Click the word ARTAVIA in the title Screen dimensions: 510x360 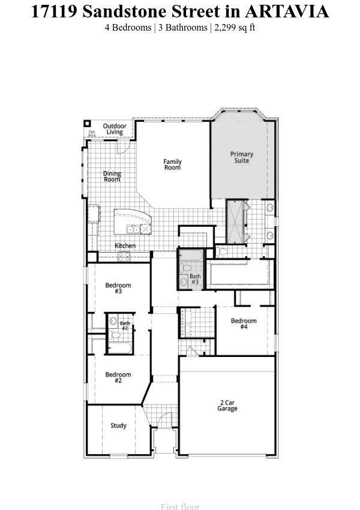tap(287, 11)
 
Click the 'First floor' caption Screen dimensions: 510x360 tap(180, 506)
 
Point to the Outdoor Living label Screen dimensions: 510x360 tap(114, 129)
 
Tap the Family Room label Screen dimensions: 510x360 tap(173, 164)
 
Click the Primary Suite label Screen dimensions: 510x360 tap(242, 157)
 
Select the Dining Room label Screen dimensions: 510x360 tap(112, 176)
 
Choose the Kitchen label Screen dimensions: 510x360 tap(125, 245)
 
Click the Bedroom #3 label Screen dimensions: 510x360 tap(118, 288)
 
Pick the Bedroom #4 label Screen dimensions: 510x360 tap(244, 323)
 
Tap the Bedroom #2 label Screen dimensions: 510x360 tap(118, 377)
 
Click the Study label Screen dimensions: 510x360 tap(118, 425)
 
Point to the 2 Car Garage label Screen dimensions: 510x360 tap(227, 405)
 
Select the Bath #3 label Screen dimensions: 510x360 tap(195, 279)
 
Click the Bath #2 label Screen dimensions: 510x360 tap(125, 326)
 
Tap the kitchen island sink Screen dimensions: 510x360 tap(137, 229)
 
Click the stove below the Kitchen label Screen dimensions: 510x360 tap(124, 256)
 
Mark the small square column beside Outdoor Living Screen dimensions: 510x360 tap(87, 124)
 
